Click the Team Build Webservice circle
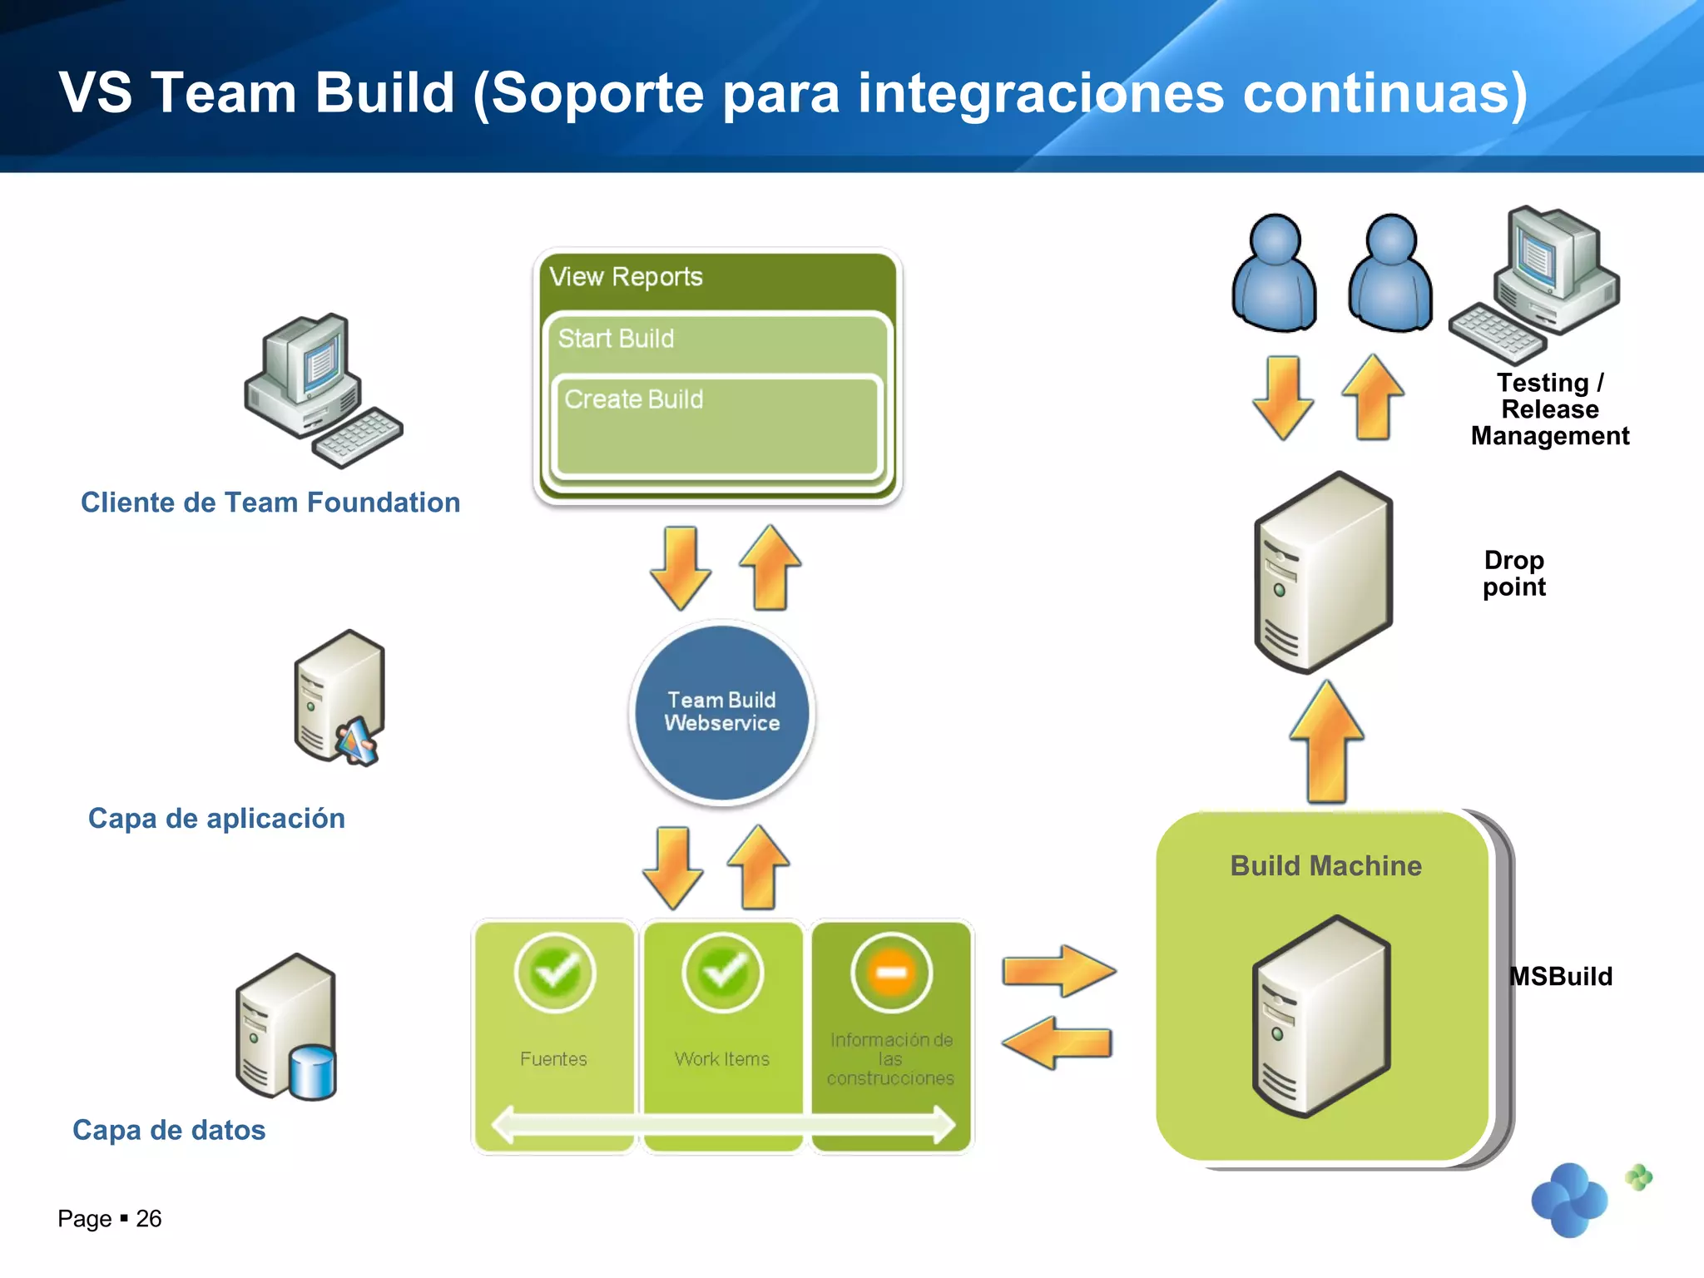click(x=721, y=712)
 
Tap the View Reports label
click(x=627, y=276)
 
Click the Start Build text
click(x=616, y=339)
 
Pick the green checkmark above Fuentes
click(x=555, y=972)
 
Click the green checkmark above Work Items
click(x=722, y=972)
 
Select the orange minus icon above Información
click(x=891, y=972)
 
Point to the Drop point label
click(x=1513, y=573)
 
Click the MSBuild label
click(x=1561, y=976)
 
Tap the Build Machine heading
click(x=1325, y=866)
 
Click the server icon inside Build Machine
click(x=1320, y=1016)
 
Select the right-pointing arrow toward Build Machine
click(x=1058, y=970)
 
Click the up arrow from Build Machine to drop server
click(x=1326, y=742)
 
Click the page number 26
click(x=148, y=1219)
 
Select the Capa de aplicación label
click(x=216, y=819)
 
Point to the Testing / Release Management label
click(x=1549, y=409)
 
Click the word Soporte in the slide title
click(x=597, y=92)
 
